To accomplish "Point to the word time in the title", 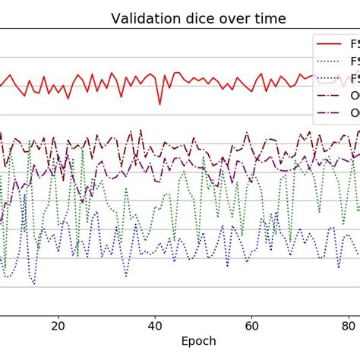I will (x=267, y=18).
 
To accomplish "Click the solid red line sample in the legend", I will (x=331, y=43).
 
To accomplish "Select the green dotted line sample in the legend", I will (x=331, y=61).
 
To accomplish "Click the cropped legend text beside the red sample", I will (x=355, y=43).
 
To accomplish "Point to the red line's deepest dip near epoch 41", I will (x=159, y=104).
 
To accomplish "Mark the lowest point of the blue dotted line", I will (x=33, y=285).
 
